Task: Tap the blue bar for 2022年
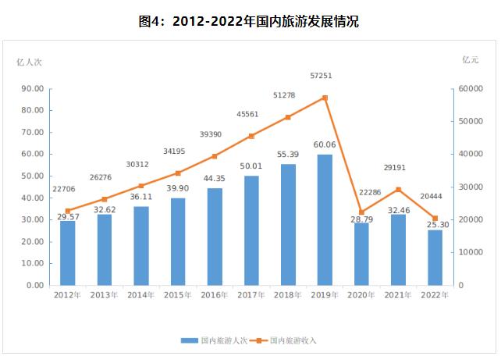click(x=435, y=258)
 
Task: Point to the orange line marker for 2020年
click(x=361, y=212)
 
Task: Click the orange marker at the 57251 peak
click(x=325, y=98)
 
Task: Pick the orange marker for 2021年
click(x=398, y=190)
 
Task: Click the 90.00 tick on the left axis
click(x=33, y=89)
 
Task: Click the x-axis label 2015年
click(x=179, y=295)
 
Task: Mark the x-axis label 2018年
click(x=288, y=295)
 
